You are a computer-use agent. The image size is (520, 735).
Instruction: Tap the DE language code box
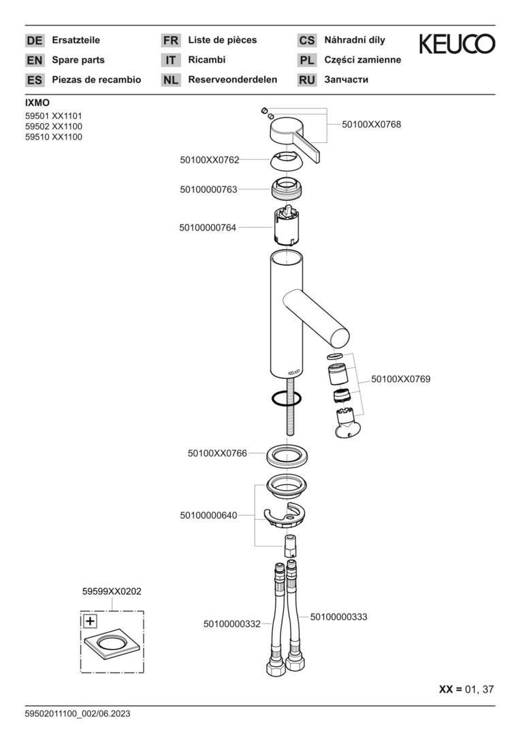pyautogui.click(x=34, y=40)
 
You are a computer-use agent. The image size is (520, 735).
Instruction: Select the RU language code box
pyautogui.click(x=307, y=80)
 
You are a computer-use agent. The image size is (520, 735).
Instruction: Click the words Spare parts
pyautogui.click(x=78, y=60)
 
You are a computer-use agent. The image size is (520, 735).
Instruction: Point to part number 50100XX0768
pyautogui.click(x=372, y=125)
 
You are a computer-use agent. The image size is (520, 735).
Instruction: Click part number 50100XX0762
pyautogui.click(x=210, y=160)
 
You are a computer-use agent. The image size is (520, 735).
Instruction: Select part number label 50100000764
pyautogui.click(x=208, y=228)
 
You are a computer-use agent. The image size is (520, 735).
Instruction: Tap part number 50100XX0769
pyautogui.click(x=400, y=379)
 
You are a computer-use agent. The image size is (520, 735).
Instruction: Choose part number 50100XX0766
pyautogui.click(x=217, y=454)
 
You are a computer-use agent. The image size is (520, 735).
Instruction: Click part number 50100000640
pyautogui.click(x=209, y=516)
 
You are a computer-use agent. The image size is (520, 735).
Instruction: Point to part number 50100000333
pyautogui.click(x=338, y=617)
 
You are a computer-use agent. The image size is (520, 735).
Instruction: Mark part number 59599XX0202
pyautogui.click(x=112, y=591)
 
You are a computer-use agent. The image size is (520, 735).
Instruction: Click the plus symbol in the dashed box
pyautogui.click(x=90, y=621)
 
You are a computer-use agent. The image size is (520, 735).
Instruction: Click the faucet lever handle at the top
pyautogui.click(x=295, y=139)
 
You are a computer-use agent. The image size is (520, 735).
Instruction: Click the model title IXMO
pyautogui.click(x=37, y=103)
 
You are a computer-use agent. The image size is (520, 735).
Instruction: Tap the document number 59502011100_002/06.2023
pyautogui.click(x=78, y=714)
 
